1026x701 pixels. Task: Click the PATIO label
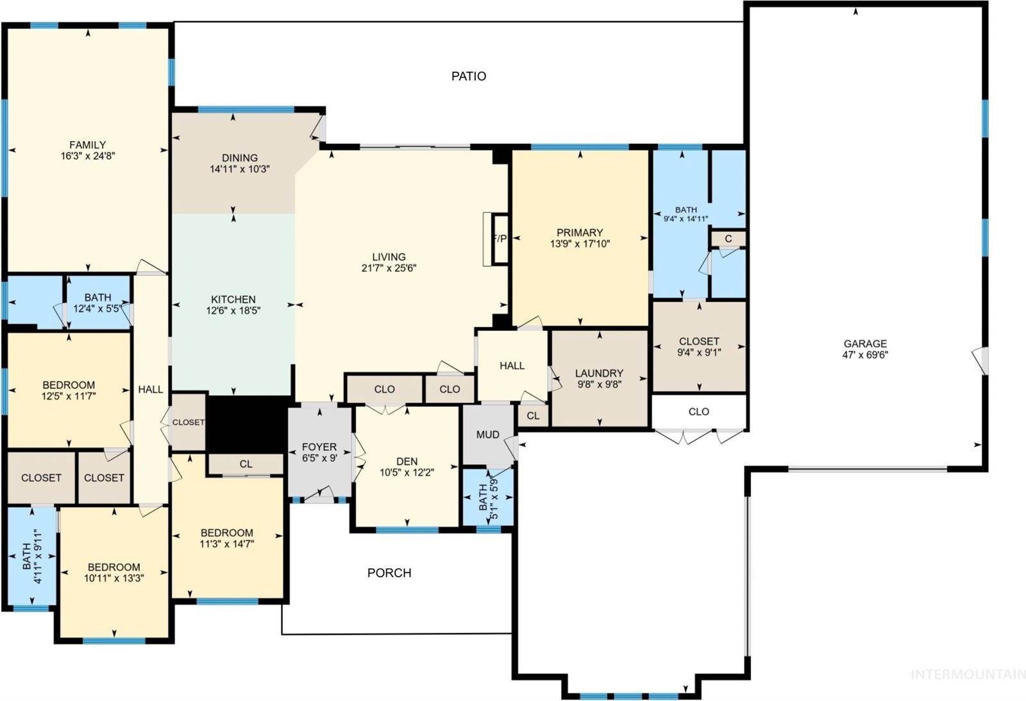tap(469, 76)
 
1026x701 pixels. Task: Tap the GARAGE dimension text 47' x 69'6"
tap(865, 355)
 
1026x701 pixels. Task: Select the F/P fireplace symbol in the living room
tap(499, 239)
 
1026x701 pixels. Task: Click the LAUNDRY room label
tap(599, 373)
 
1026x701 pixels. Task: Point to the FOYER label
tap(319, 447)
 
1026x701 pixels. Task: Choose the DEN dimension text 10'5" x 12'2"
tap(407, 473)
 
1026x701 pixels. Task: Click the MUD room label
tap(487, 435)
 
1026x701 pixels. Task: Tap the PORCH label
tap(389, 573)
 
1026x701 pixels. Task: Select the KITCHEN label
tap(233, 300)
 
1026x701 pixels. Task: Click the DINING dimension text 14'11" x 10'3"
tap(240, 169)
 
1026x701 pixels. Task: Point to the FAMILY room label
tap(88, 145)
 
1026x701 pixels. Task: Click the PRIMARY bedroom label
tap(580, 233)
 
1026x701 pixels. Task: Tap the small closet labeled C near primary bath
tap(728, 239)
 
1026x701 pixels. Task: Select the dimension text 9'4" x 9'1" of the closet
tap(699, 352)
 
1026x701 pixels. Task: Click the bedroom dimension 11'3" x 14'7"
tap(226, 544)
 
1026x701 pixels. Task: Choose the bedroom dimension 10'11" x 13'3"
tap(114, 578)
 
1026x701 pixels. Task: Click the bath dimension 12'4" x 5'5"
tap(97, 308)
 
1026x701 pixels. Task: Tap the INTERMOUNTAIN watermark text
tap(968, 674)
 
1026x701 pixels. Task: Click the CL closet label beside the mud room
tap(533, 416)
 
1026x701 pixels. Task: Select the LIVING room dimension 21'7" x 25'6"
tap(389, 268)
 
